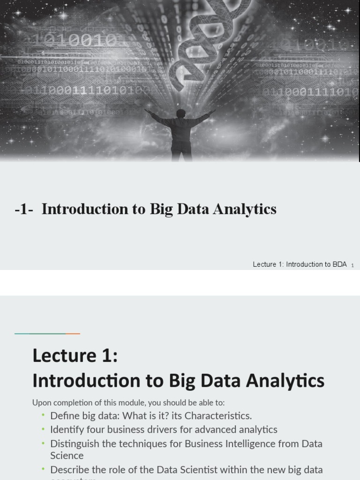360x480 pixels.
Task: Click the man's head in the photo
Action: [x=181, y=113]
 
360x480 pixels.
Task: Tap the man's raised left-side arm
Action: [x=157, y=117]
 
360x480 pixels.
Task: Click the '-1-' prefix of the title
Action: [x=23, y=210]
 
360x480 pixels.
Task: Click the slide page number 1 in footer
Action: [x=352, y=265]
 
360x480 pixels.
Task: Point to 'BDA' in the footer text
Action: [x=339, y=264]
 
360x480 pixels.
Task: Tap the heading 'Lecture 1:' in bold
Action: [x=75, y=356]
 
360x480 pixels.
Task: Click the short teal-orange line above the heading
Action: [x=47, y=334]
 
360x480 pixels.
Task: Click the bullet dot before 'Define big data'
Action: [x=43, y=415]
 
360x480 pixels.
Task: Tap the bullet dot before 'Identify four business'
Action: [x=43, y=429]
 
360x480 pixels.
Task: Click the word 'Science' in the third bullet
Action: [x=67, y=456]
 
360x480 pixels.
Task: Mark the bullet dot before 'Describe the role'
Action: [x=43, y=469]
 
